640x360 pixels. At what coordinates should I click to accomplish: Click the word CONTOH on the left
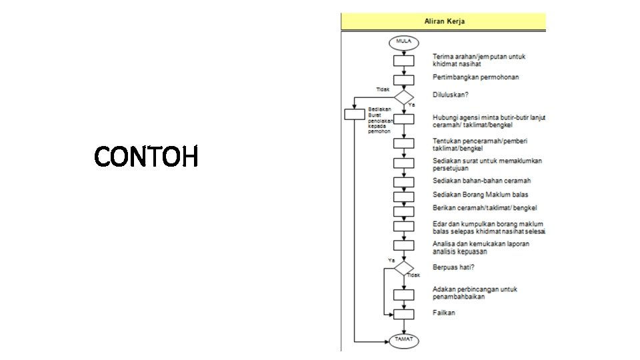coord(146,157)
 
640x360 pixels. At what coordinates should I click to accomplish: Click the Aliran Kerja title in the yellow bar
coord(445,21)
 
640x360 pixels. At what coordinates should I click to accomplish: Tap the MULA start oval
coord(404,41)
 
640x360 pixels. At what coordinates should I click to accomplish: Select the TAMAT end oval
coord(404,340)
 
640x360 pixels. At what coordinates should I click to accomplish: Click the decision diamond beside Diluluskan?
coord(404,97)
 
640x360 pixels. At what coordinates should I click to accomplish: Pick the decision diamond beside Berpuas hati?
coord(404,268)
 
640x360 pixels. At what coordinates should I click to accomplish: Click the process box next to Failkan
coord(404,313)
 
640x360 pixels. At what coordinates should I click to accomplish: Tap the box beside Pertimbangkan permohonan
coord(404,79)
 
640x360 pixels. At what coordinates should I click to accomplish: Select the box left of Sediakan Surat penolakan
coord(355,114)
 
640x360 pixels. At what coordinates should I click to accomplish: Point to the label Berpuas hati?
coord(453,267)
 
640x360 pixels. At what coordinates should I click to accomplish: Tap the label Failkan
coord(444,313)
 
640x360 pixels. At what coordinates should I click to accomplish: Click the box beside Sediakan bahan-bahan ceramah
coord(404,182)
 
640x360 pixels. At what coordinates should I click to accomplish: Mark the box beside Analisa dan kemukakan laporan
coord(404,245)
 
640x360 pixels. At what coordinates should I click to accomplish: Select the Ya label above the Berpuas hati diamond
coord(391,260)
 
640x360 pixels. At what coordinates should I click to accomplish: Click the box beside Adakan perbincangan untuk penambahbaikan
coord(404,294)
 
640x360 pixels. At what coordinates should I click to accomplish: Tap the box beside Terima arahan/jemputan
coord(404,61)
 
